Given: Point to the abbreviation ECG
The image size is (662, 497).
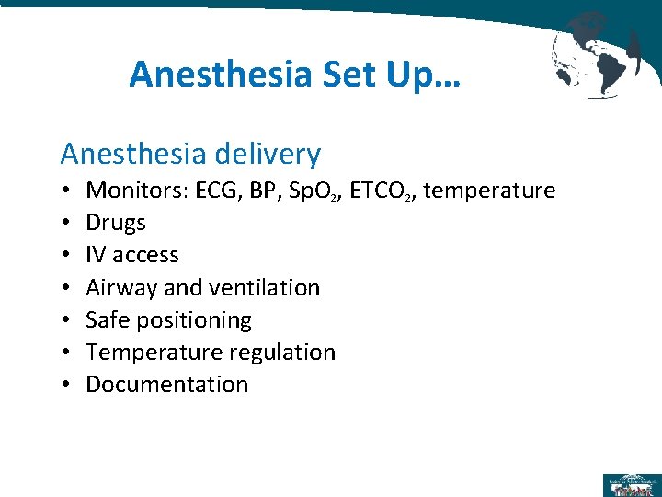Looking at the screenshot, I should [218, 191].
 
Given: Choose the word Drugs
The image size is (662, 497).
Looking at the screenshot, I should [116, 223].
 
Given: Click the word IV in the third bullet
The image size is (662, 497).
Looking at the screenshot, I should [95, 255].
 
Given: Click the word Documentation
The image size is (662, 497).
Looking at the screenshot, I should [166, 385].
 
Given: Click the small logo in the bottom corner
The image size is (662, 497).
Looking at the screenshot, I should [631, 484].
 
